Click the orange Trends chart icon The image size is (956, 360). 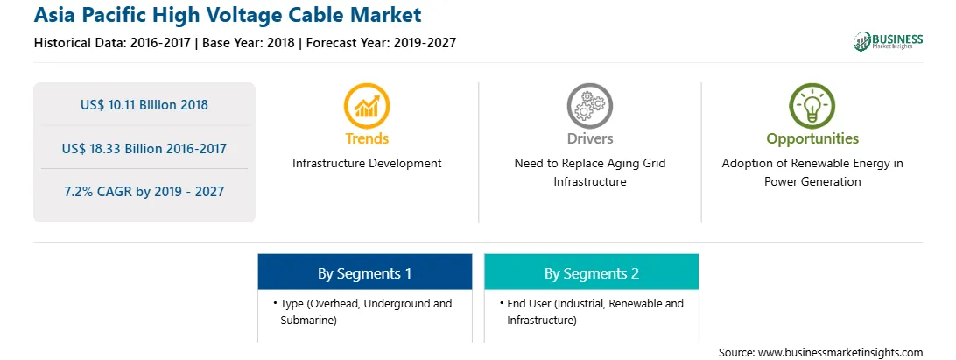point(367,106)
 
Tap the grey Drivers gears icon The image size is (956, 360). point(589,106)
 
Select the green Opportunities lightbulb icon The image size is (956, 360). point(812,106)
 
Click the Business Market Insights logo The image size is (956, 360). point(889,41)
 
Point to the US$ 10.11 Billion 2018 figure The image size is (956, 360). point(144,105)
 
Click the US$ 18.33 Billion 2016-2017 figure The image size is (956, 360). point(144,148)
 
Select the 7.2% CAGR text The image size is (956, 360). point(144,192)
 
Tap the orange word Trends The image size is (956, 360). point(367,138)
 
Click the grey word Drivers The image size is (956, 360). point(590,138)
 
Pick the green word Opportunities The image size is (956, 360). point(812,139)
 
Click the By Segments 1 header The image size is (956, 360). point(364,273)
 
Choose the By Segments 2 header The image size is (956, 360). point(592,273)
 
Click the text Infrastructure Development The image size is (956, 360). point(367,164)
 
